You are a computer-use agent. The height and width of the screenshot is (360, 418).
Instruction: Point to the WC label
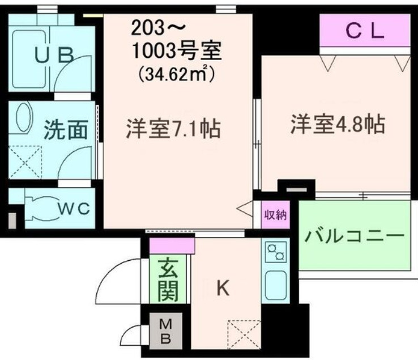click(x=74, y=208)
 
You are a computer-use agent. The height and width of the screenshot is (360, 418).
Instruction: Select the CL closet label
click(x=365, y=31)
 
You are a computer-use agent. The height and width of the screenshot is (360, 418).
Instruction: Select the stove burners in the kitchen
click(x=275, y=252)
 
